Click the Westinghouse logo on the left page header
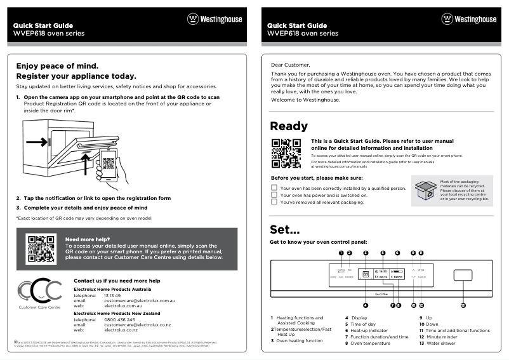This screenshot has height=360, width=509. tap(214, 19)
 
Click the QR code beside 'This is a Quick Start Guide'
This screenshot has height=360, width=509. tap(286, 152)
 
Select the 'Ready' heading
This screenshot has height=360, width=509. tap(289, 126)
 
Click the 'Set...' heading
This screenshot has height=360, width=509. tap(284, 229)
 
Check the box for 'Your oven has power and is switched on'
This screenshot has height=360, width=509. tap(274, 195)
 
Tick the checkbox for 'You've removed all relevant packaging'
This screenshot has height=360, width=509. tap(274, 203)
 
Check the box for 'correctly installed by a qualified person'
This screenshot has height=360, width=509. tap(274, 188)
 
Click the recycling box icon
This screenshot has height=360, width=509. tap(425, 190)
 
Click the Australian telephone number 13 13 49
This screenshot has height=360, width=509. tap(112, 295)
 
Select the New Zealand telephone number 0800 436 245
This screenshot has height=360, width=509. tap(119, 319)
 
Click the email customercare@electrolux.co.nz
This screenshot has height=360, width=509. tap(137, 324)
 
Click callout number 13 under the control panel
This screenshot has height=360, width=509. tap(463, 305)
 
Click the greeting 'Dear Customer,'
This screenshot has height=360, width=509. tap(291, 65)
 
